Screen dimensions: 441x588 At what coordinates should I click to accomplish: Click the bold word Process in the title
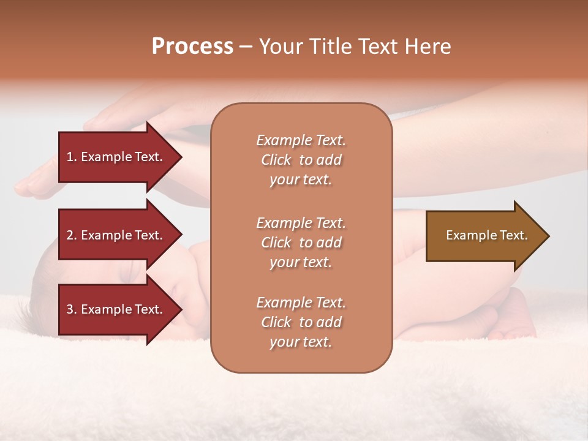(192, 47)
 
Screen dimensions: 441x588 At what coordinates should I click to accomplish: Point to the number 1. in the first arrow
(72, 157)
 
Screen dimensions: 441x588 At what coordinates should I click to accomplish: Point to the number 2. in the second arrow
(72, 235)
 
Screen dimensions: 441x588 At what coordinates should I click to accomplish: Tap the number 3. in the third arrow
(72, 309)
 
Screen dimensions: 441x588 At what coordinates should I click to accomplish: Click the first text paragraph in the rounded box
(301, 160)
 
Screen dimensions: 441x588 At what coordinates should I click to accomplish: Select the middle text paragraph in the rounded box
(301, 243)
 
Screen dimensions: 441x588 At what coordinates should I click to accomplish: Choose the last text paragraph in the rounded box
(301, 322)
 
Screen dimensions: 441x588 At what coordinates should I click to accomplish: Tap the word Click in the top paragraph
(276, 160)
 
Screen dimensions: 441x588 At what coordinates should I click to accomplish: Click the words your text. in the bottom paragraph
(301, 342)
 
